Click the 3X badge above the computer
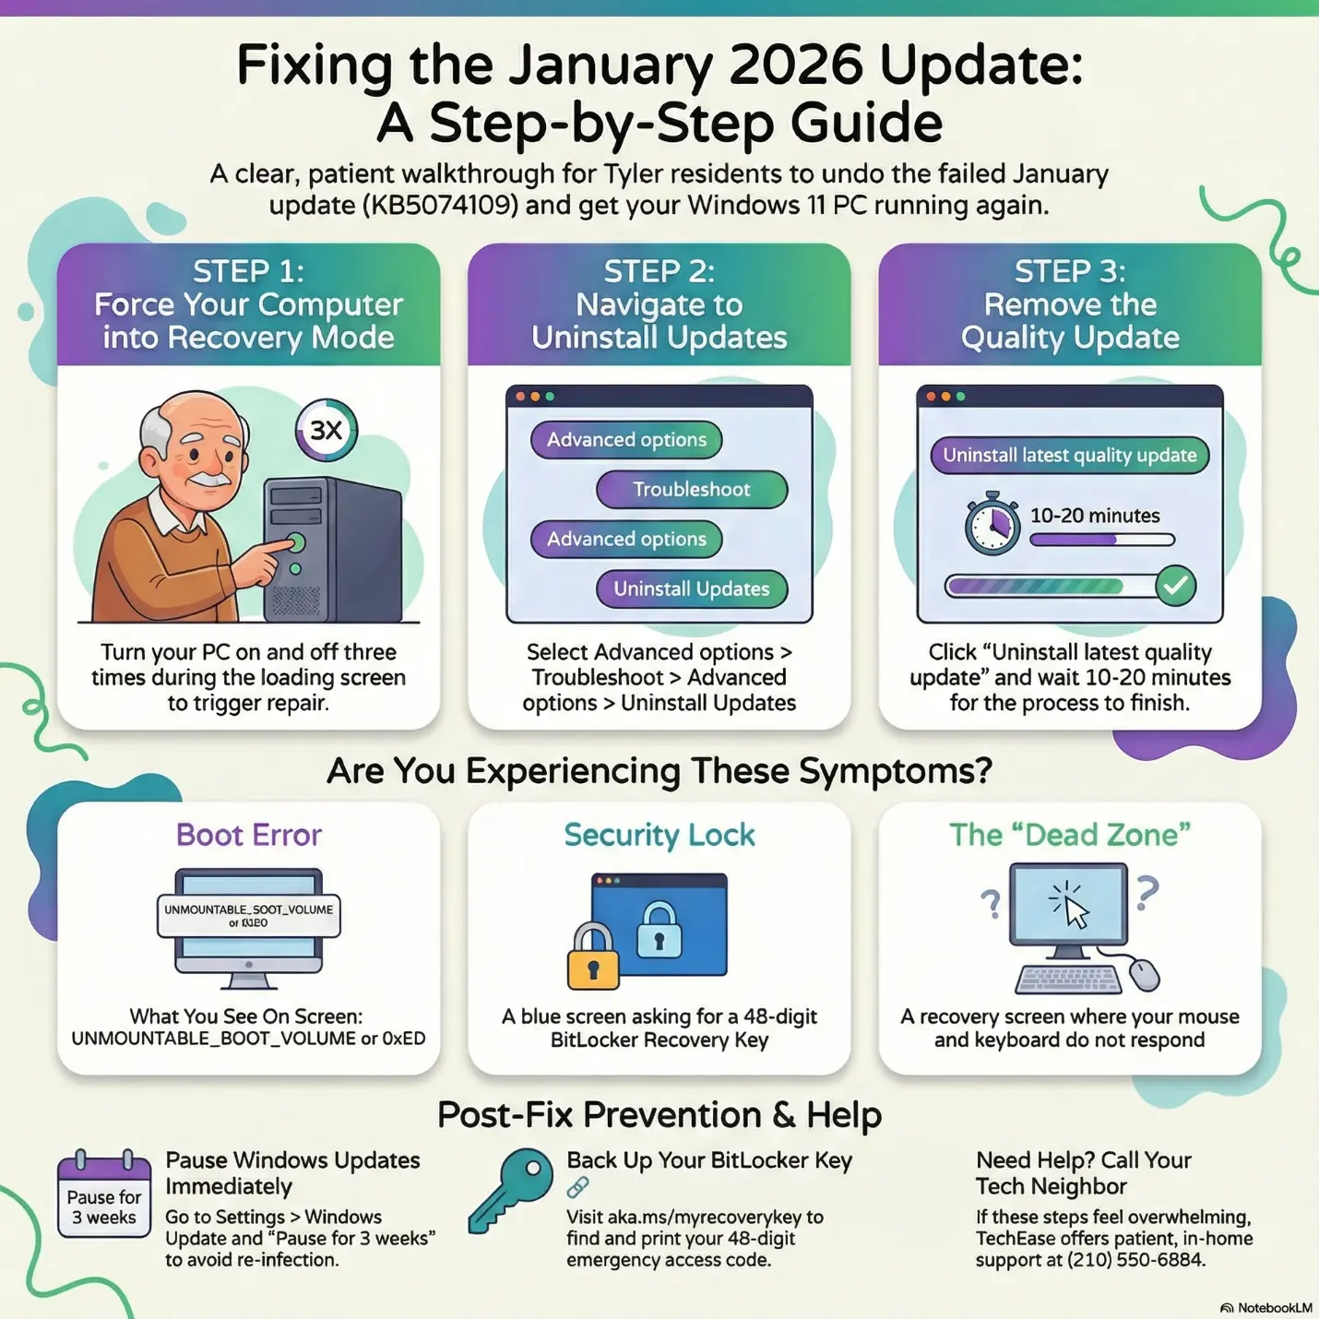pos(327,430)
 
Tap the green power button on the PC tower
pos(296,541)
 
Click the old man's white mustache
pos(210,480)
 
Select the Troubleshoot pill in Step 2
pos(692,490)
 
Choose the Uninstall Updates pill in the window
pos(692,588)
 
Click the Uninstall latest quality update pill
pos(1069,455)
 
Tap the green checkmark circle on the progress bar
pos(1175,586)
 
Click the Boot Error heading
pos(249,835)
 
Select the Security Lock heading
pos(659,835)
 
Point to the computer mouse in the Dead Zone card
pos(1144,974)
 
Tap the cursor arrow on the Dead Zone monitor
pos(1075,911)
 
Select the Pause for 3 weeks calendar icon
pos(103,1195)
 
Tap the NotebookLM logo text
pos(1274,1308)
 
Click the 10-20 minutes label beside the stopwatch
pos(1095,516)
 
